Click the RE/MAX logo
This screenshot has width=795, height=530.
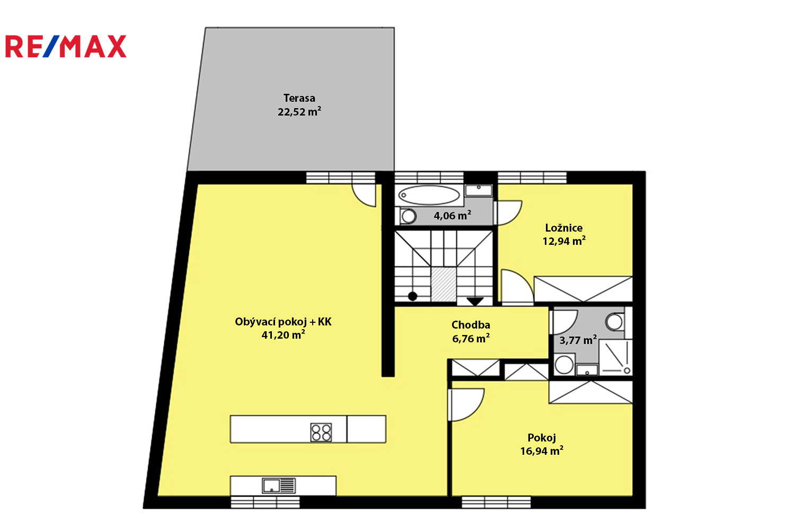coord(66,46)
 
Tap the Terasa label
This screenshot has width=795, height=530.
coord(299,98)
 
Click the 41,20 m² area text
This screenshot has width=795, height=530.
coord(283,335)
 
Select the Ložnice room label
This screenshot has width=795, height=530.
coord(564,227)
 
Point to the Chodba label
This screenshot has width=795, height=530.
coord(471,325)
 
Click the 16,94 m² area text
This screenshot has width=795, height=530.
coord(542,451)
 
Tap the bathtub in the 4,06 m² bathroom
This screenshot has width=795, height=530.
coord(429,195)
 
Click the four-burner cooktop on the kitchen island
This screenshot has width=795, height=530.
coord(321,432)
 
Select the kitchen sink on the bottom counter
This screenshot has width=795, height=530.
coord(279,485)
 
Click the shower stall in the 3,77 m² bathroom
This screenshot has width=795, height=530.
coord(616,357)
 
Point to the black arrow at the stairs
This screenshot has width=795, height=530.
coord(475,302)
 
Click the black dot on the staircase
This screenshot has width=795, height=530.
coord(412,296)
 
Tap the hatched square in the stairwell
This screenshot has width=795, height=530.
coord(444,285)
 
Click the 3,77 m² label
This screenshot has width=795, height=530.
coord(578,340)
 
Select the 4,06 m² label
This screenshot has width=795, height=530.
coord(453,215)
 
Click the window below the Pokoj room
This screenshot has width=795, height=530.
coord(496,502)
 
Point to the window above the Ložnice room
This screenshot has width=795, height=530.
coord(532,178)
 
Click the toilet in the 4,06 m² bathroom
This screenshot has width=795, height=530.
coord(408,216)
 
